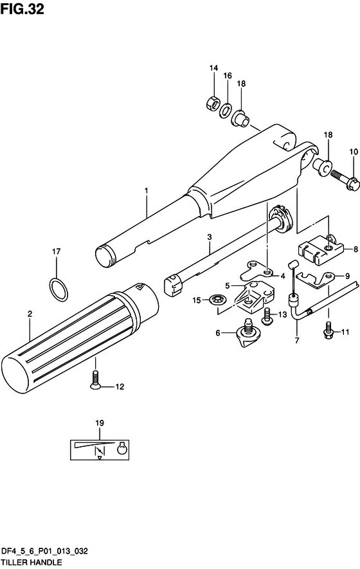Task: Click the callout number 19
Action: (x=99, y=422)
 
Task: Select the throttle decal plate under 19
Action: (x=100, y=447)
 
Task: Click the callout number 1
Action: (x=147, y=191)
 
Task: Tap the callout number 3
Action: (x=209, y=238)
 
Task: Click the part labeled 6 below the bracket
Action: (x=246, y=333)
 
